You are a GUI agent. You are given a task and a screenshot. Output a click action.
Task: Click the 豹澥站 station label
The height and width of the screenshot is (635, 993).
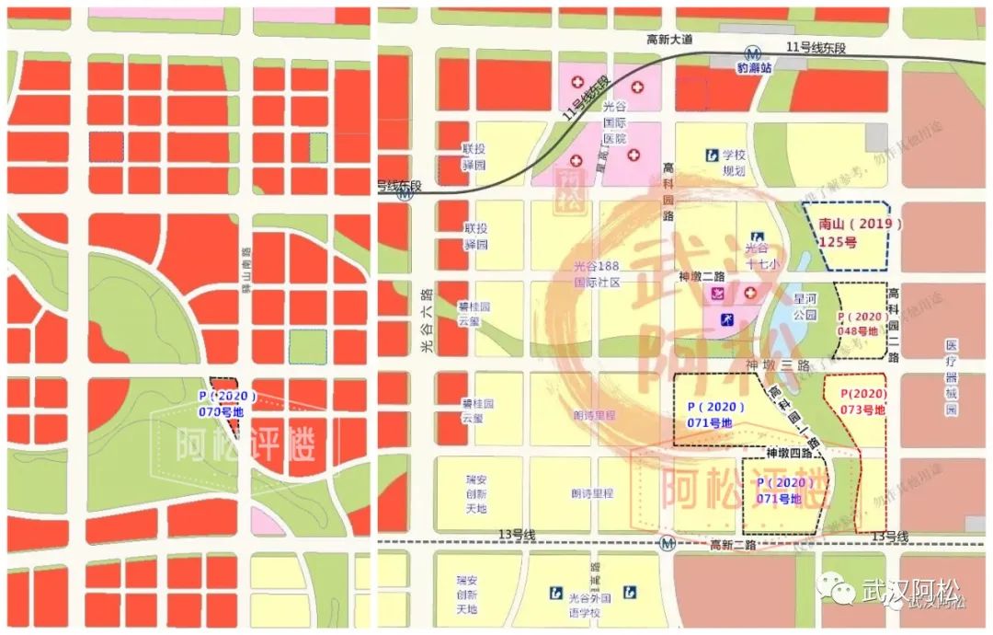[x=752, y=68]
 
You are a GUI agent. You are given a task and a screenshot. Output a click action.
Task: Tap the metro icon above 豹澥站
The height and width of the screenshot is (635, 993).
[x=753, y=53]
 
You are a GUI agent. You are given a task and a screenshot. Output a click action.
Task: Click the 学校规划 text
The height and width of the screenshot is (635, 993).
[x=733, y=162]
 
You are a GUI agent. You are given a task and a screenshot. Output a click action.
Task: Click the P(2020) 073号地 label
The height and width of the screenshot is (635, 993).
[x=862, y=401]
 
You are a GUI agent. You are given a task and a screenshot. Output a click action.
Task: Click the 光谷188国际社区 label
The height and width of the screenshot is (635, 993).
[x=598, y=274]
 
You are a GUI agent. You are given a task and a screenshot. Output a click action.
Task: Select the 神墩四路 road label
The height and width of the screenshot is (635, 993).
[x=789, y=453]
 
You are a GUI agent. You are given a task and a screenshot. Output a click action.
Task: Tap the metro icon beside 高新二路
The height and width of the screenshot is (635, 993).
[x=668, y=544]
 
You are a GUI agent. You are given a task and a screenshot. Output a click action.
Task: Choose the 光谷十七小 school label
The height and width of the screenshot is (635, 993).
[x=756, y=254]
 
